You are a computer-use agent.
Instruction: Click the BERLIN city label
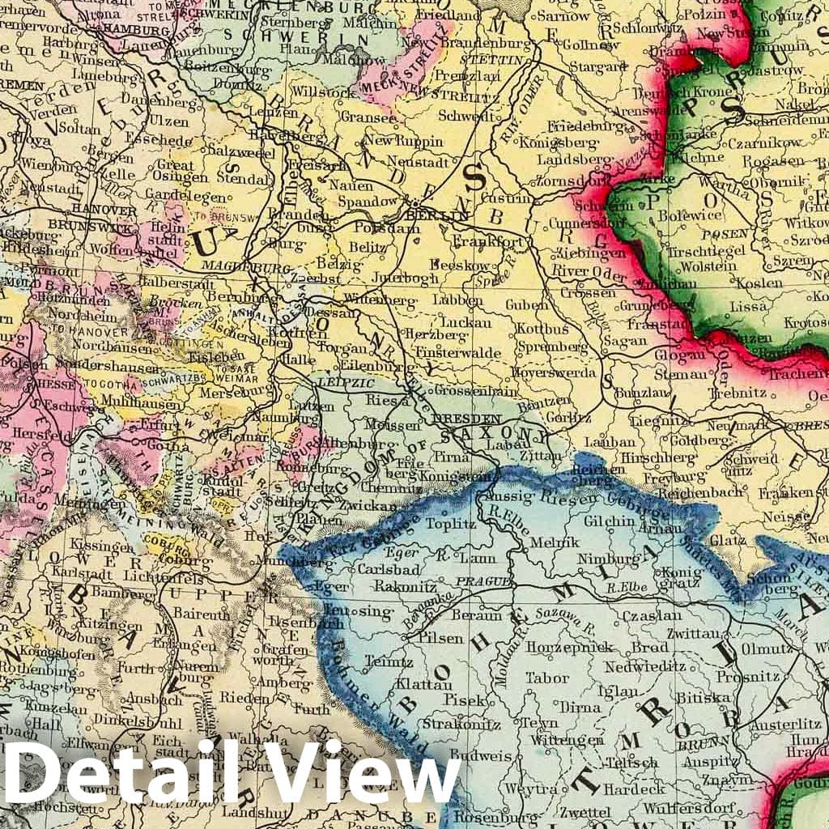[437, 215]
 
